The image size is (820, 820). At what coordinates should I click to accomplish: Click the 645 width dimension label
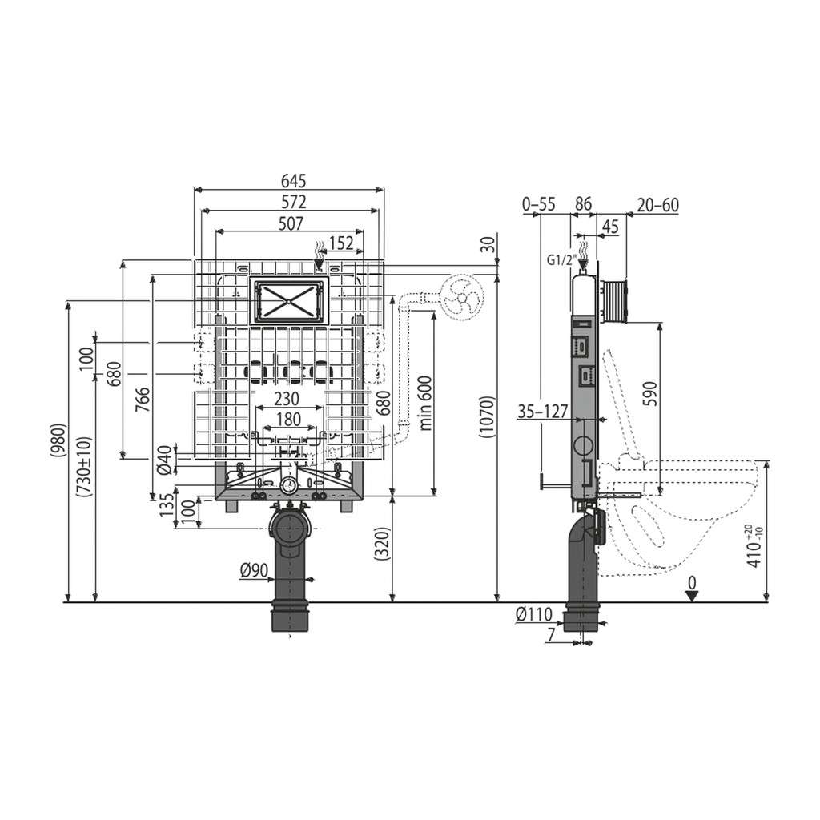(293, 181)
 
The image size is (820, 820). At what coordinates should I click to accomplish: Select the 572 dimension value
(293, 201)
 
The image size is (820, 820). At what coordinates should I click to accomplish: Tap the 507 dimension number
(291, 223)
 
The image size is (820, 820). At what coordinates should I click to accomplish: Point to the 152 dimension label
(341, 243)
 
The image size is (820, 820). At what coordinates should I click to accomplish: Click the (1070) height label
(487, 416)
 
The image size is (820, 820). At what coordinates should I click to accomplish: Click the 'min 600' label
(425, 404)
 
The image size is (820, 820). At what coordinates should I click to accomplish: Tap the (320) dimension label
(383, 544)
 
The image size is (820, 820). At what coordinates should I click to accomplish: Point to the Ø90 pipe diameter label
(254, 571)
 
